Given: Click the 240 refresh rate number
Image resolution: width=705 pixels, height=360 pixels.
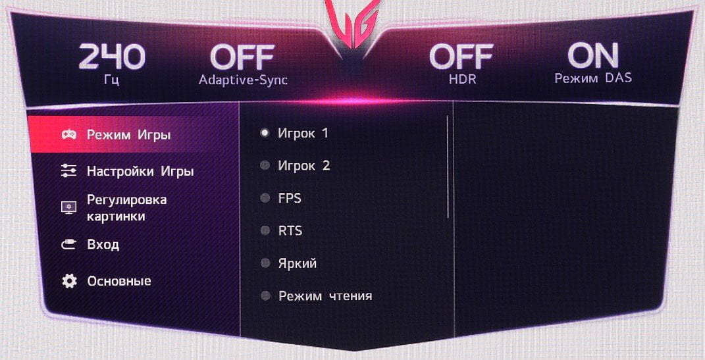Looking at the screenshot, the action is point(112,57).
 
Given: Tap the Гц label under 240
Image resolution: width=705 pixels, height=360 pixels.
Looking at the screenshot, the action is point(111,82).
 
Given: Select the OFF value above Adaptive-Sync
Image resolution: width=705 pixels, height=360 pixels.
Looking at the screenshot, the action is point(242,57).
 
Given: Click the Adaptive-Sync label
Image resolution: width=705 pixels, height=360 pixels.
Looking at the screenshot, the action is point(244,80).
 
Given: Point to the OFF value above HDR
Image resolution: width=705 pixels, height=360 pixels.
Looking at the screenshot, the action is point(461,57).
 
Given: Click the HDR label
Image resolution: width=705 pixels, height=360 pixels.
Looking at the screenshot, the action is point(463,80).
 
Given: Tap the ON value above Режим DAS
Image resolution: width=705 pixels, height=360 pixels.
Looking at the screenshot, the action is point(593,56).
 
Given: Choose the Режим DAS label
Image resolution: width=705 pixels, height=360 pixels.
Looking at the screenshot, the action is point(593,78).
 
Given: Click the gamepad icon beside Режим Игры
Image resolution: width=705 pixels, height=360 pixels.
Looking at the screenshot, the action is point(69,134).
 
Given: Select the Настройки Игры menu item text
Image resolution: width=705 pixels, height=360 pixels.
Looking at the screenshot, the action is point(140,171).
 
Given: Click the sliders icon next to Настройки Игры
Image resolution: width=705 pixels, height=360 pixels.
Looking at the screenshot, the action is point(69,171).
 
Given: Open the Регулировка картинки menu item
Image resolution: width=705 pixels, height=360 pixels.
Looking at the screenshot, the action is point(127,207).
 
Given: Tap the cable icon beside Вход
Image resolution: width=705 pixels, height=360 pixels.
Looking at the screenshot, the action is point(69,245).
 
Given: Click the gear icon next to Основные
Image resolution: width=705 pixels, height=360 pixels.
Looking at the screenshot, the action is point(69,281).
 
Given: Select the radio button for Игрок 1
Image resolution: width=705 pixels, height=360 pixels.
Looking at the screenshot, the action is point(265,132).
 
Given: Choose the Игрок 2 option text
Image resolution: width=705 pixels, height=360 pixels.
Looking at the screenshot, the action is point(304,166).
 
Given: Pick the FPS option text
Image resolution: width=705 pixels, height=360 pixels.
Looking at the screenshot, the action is point(290,198).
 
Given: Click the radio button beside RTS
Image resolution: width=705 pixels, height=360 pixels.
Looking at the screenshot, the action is point(265,230).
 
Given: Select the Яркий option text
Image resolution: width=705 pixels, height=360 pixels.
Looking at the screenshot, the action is point(297,263).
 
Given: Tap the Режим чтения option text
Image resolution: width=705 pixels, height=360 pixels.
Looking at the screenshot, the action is point(325,296).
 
